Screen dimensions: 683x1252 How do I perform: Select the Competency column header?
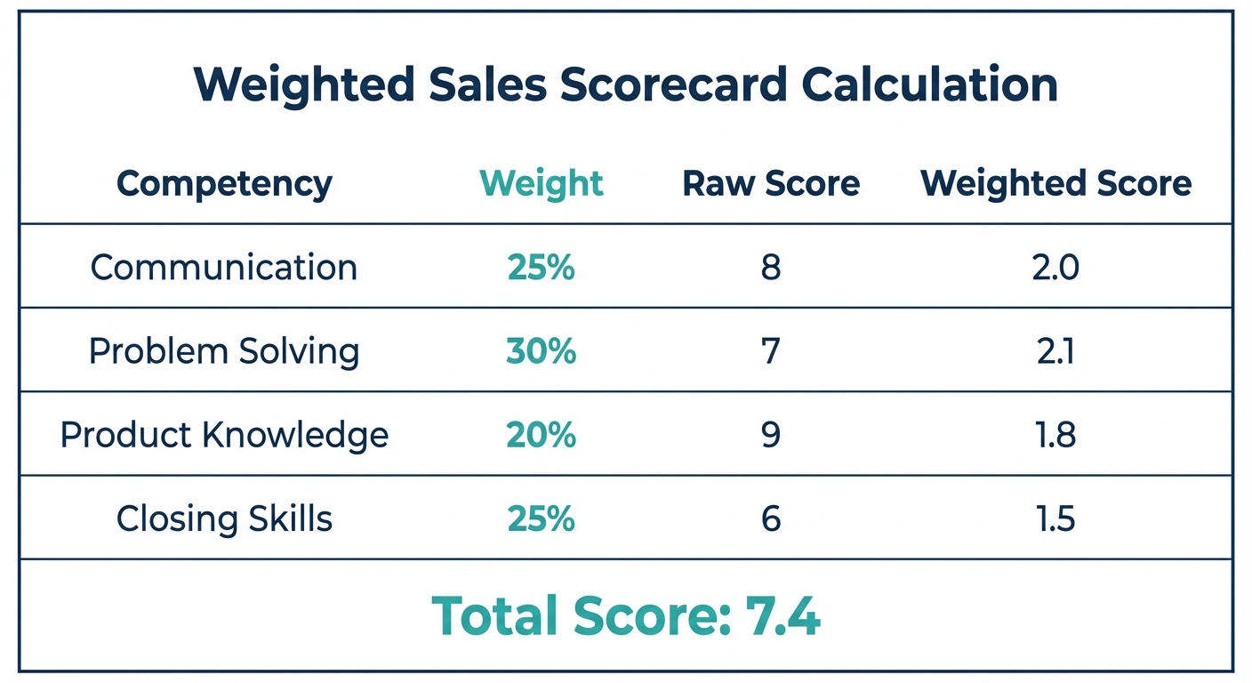coord(224,184)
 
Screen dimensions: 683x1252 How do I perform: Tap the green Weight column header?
coord(541,184)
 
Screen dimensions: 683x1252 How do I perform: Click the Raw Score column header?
coord(770,184)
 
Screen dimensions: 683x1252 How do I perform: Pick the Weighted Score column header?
coord(1055,184)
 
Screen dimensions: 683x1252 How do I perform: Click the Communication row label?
coord(224,268)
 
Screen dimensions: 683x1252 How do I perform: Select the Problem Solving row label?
coord(224,352)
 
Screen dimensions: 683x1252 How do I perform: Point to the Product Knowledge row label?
coord(224,436)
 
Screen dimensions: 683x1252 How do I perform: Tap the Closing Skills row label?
coord(224,519)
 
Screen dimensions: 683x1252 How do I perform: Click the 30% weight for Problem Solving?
coord(541,352)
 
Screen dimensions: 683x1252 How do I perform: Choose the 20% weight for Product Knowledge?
coord(541,436)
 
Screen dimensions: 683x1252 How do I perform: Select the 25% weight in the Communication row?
coord(541,268)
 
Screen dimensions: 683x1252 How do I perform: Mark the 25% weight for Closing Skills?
coord(541,519)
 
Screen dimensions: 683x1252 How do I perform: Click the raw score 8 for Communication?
coord(770,268)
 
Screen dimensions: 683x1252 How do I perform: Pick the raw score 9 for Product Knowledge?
coord(770,436)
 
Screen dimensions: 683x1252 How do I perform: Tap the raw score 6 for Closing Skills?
coord(770,519)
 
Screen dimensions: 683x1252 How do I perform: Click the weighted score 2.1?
coord(1055,352)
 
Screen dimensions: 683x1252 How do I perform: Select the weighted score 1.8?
coord(1055,436)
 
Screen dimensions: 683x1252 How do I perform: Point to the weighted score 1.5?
coord(1055,519)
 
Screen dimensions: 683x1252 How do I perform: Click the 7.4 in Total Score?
coord(782,615)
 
